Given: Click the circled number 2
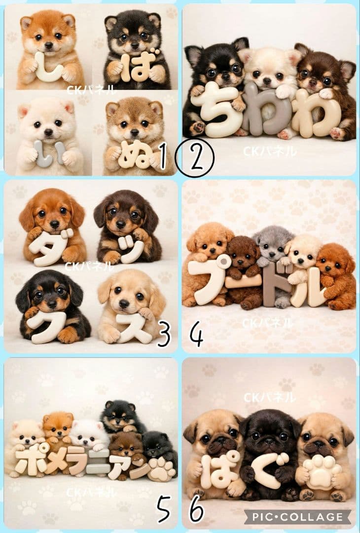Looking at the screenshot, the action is pyautogui.click(x=195, y=158).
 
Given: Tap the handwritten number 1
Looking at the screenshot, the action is pyautogui.click(x=162, y=156).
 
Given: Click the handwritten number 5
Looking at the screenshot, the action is pyautogui.click(x=164, y=508).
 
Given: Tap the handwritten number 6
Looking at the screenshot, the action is pyautogui.click(x=197, y=509).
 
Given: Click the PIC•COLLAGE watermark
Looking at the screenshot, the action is pyautogui.click(x=297, y=517).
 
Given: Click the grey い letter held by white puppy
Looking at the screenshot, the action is pyautogui.click(x=49, y=154).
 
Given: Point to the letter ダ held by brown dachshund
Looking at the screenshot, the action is pyautogui.click(x=51, y=247).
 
